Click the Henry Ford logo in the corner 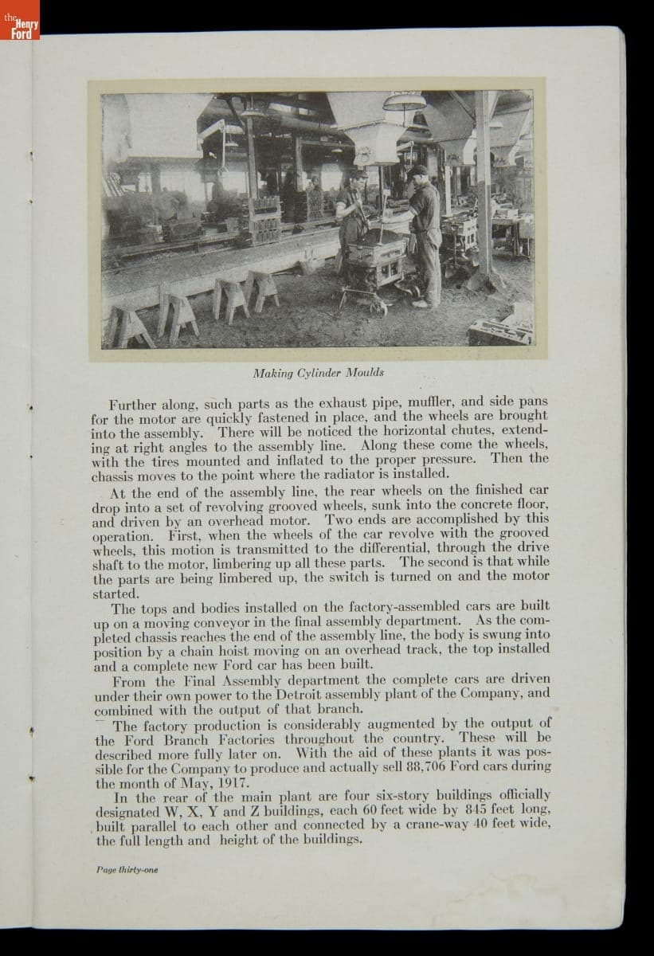click(19, 28)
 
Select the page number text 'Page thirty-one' click(125, 869)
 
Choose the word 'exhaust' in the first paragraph click(334, 402)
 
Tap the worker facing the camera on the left click(351, 212)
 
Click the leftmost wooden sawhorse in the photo click(131, 327)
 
